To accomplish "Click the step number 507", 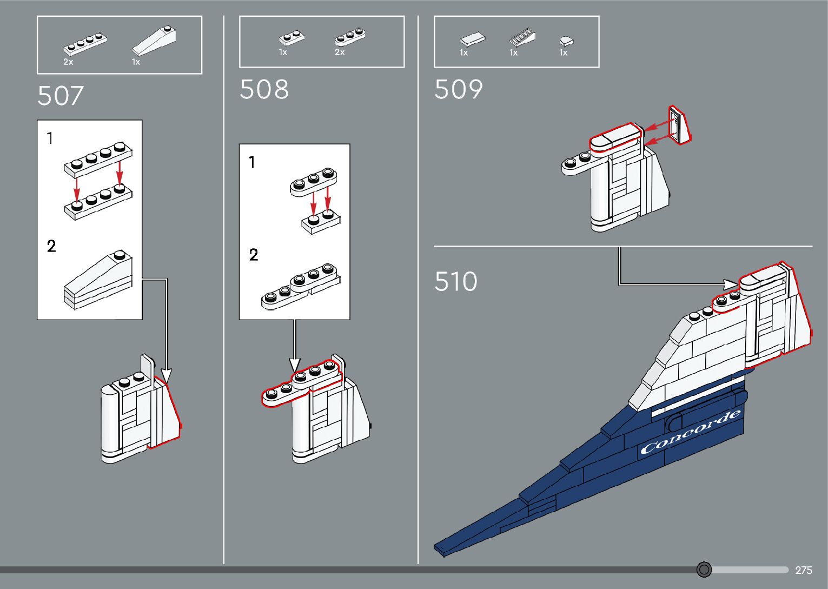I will point(61,96).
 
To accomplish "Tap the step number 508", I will point(264,90).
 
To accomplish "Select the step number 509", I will point(458,90).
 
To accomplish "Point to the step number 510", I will point(456,282).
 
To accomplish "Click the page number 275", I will point(804,570).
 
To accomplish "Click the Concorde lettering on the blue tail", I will point(690,432).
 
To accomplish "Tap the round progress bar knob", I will point(704,570).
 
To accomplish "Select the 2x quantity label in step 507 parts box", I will point(68,62).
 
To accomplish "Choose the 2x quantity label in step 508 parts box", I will point(340,52).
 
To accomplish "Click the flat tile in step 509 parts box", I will point(472,39).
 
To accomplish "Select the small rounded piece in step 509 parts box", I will point(566,41).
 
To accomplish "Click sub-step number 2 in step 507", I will point(51,247).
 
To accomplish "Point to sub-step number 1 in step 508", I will point(252,162).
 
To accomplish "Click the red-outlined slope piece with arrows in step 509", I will point(680,125).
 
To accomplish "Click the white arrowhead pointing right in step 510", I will point(732,283).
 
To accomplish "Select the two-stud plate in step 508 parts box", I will point(292,38).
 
